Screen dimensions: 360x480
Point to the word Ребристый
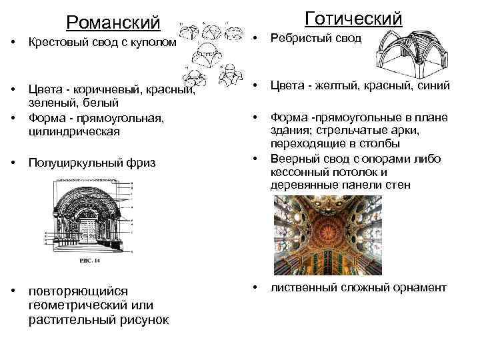[298, 38]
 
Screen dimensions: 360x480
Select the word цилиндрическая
[73, 131]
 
